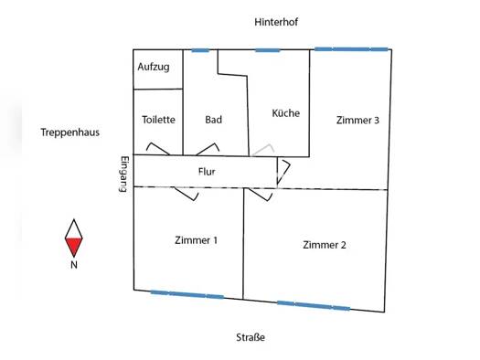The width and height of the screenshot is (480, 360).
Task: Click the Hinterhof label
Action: click(276, 22)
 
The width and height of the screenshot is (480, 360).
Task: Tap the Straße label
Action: click(251, 337)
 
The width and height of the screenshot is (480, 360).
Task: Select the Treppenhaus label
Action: click(70, 132)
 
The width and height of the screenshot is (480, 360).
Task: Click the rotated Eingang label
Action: click(124, 174)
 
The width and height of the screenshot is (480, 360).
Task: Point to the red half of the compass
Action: click(74, 246)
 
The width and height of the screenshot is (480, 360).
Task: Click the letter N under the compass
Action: click(74, 265)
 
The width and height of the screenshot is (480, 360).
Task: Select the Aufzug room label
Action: click(154, 67)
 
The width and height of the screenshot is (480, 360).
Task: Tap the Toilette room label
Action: click(158, 120)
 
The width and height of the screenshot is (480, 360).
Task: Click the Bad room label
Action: click(213, 120)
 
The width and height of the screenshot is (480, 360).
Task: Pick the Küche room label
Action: click(286, 113)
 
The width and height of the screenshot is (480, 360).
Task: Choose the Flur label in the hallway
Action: click(207, 172)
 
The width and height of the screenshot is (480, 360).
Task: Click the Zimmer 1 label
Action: click(197, 240)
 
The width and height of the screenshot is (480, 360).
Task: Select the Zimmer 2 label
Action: click(325, 245)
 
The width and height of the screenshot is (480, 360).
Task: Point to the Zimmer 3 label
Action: click(357, 121)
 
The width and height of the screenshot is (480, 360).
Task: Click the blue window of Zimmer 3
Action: click(351, 49)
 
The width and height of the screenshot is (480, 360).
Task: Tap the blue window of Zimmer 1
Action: click(187, 294)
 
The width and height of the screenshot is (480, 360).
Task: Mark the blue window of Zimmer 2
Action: click(314, 305)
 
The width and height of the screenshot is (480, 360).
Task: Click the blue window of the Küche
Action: click(268, 50)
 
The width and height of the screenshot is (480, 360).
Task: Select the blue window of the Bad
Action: click(200, 50)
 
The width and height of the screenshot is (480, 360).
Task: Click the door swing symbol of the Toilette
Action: click(157, 149)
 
